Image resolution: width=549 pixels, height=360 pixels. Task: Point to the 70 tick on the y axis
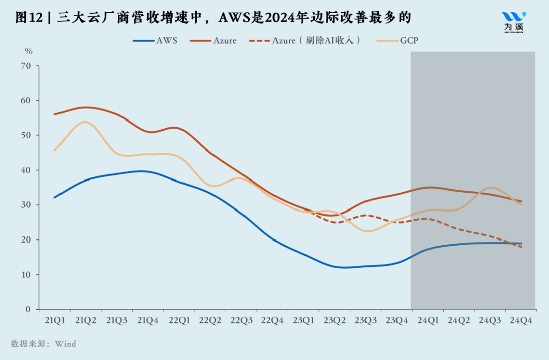click(x=26, y=66)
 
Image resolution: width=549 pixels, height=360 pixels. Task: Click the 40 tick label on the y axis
click(x=26, y=170)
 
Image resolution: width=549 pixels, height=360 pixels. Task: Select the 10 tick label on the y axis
click(x=26, y=275)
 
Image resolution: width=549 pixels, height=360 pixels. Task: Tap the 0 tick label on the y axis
click(x=28, y=309)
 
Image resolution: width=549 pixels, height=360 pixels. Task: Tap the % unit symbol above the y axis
click(x=29, y=51)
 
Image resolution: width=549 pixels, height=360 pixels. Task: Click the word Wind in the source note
click(x=66, y=344)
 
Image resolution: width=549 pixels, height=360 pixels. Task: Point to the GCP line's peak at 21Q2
click(x=85, y=122)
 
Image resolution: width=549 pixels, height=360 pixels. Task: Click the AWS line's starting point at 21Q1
click(x=54, y=197)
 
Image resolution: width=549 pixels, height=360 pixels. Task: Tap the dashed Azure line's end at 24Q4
click(x=521, y=247)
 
